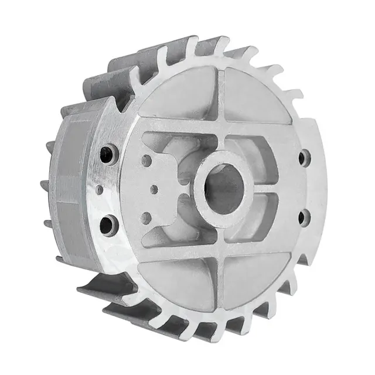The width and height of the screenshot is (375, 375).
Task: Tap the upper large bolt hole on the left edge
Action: tap(108, 155)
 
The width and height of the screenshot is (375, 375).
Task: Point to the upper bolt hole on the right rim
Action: tap(304, 157)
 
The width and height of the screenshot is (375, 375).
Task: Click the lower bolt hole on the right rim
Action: tap(303, 217)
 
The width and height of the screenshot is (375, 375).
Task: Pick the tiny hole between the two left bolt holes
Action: tap(100, 189)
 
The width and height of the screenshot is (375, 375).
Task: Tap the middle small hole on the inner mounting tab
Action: tap(154, 189)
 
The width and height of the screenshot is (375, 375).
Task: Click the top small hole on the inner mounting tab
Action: tap(146, 159)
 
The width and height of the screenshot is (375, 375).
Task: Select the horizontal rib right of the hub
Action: tap(281, 189)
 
